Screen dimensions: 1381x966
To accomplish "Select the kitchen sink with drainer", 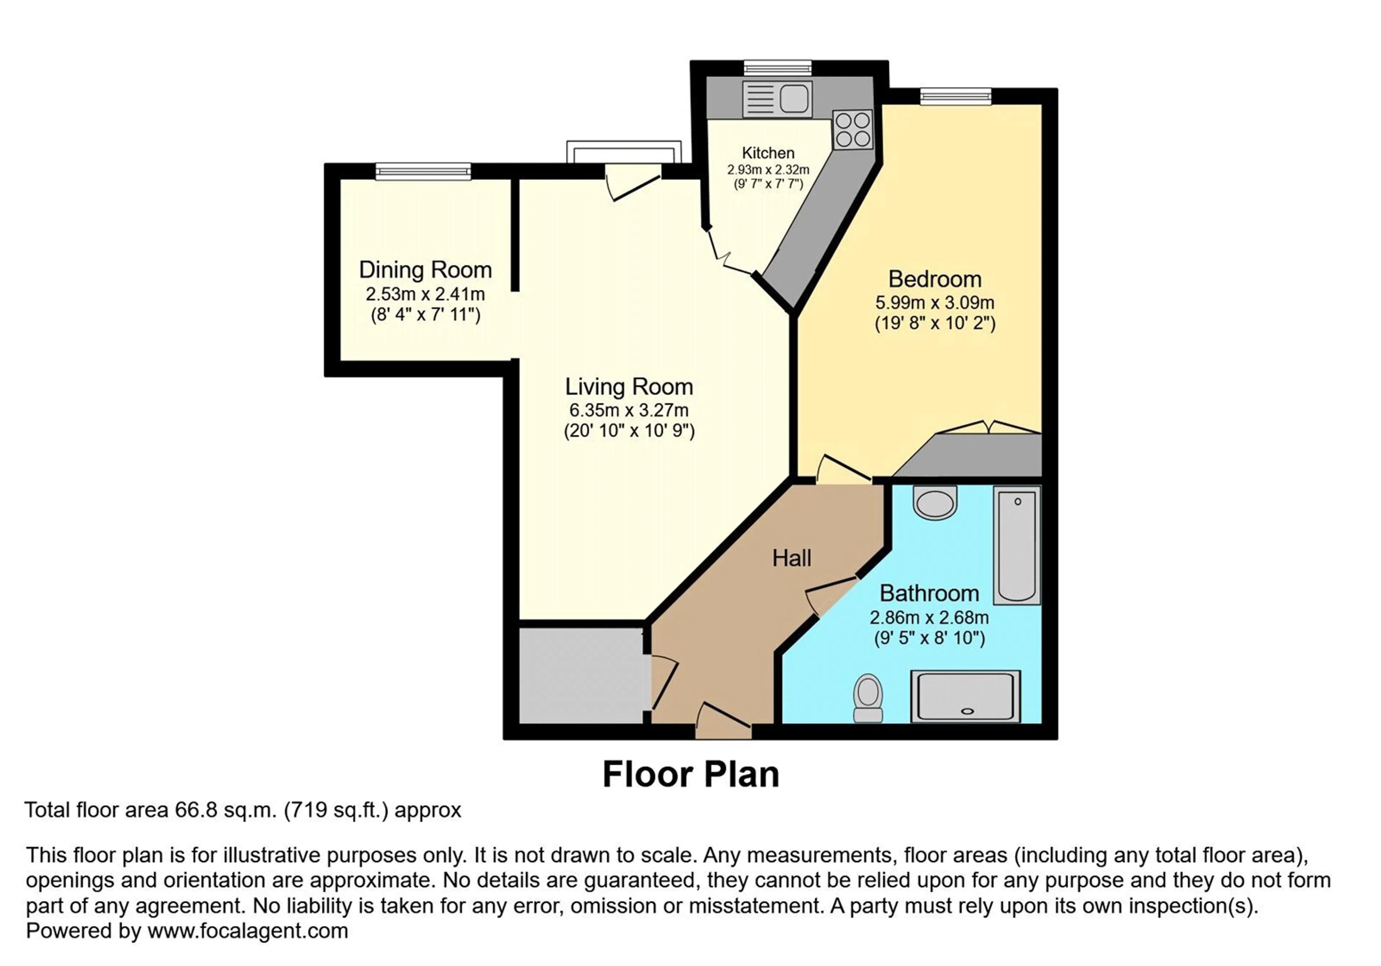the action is click(777, 99).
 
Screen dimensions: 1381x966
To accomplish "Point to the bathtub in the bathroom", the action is click(1016, 544).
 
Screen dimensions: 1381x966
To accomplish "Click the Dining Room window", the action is click(423, 172).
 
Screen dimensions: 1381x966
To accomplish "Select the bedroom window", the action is click(955, 96).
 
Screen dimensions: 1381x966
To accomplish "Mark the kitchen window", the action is click(777, 68).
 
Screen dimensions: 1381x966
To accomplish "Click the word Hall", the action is click(792, 558).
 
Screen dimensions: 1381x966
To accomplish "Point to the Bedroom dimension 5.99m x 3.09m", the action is click(935, 302).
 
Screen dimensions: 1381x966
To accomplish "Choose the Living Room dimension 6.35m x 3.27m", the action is click(629, 410).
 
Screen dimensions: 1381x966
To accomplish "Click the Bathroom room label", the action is click(929, 594).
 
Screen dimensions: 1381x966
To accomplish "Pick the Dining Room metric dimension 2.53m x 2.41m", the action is click(425, 294).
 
